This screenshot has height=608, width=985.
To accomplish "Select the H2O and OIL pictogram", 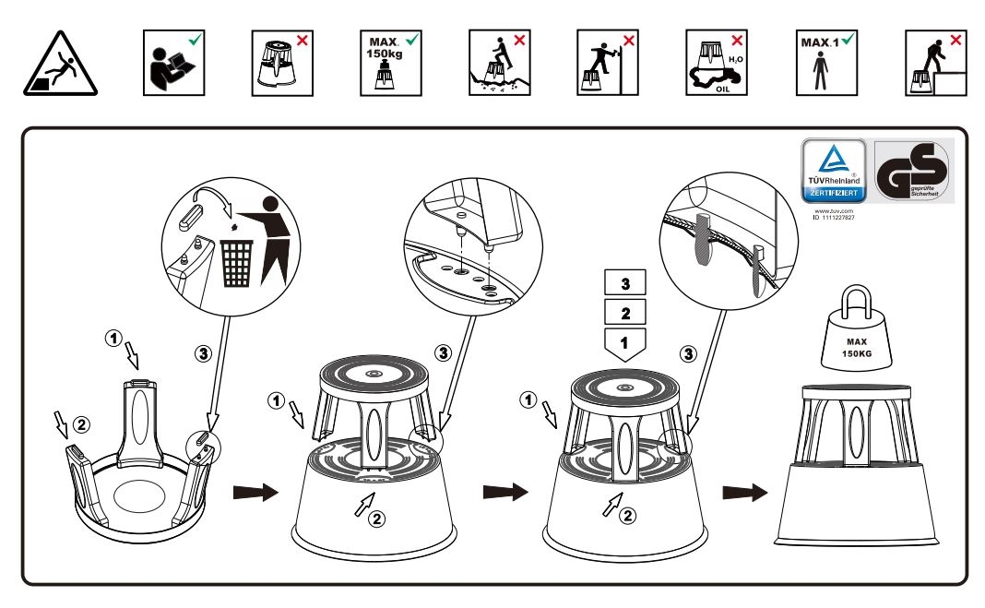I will (717, 63).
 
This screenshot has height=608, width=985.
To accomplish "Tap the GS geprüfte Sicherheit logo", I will (911, 171).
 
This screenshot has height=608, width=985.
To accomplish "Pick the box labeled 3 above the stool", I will (625, 280).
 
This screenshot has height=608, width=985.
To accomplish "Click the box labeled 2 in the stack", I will (625, 311).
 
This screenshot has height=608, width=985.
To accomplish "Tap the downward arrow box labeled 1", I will (625, 344).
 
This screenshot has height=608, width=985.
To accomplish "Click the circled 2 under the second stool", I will (376, 518).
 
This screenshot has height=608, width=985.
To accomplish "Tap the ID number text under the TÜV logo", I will (833, 218).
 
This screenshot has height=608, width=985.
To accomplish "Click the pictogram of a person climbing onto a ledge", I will (934, 63).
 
